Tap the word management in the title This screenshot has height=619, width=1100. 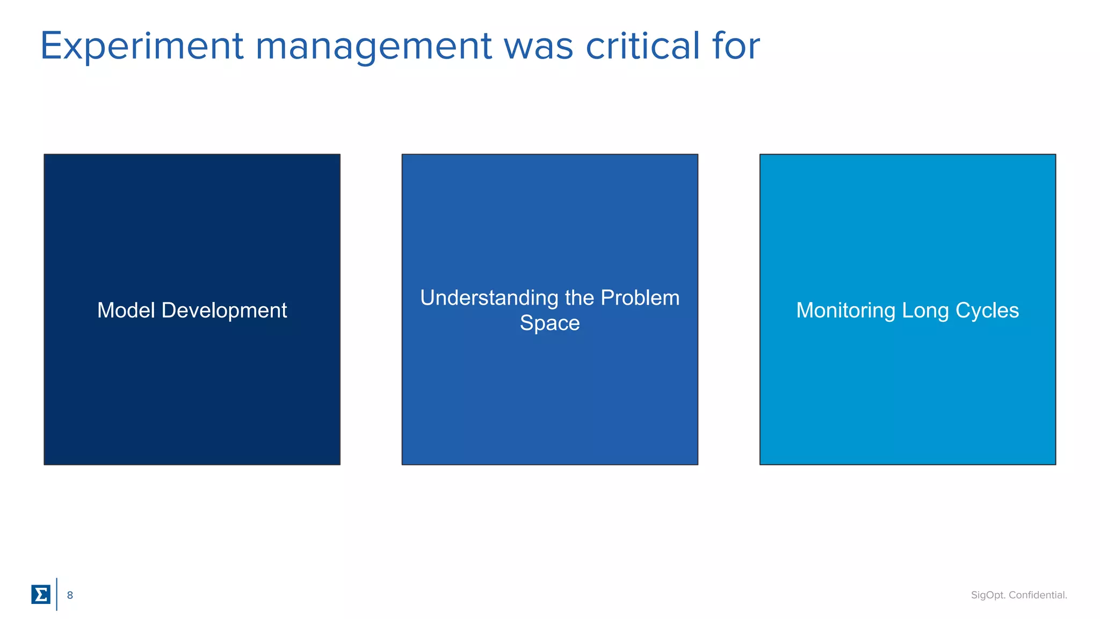pos(373,47)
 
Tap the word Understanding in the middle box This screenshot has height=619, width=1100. pos(489,298)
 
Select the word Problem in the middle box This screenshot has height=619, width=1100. pos(640,298)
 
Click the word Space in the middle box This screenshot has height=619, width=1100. pos(549,323)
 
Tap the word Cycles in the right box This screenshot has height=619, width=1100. pos(987,311)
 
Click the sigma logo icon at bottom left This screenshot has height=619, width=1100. pos(41,594)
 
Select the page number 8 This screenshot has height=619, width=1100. pos(70,595)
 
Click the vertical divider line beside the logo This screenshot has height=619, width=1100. pos(56,594)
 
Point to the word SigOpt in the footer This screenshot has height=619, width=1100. pos(988,595)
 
